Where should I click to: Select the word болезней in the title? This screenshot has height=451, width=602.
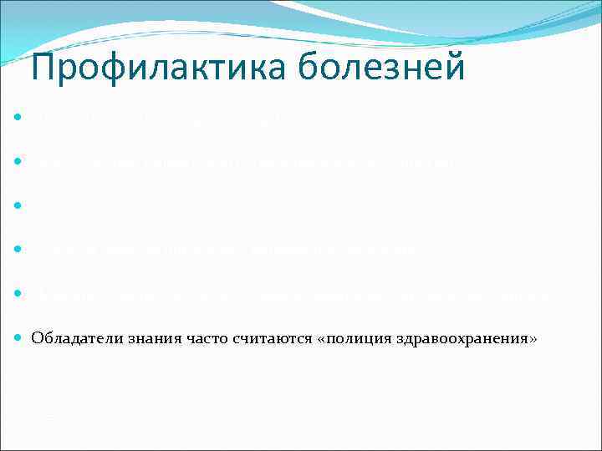[x=389, y=68]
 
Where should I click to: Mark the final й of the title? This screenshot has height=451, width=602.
[x=455, y=66]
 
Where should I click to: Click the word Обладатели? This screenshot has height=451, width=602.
[x=69, y=338]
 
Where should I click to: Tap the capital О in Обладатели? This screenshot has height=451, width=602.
[x=37, y=338]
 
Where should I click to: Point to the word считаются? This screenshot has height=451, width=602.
[x=258, y=338]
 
